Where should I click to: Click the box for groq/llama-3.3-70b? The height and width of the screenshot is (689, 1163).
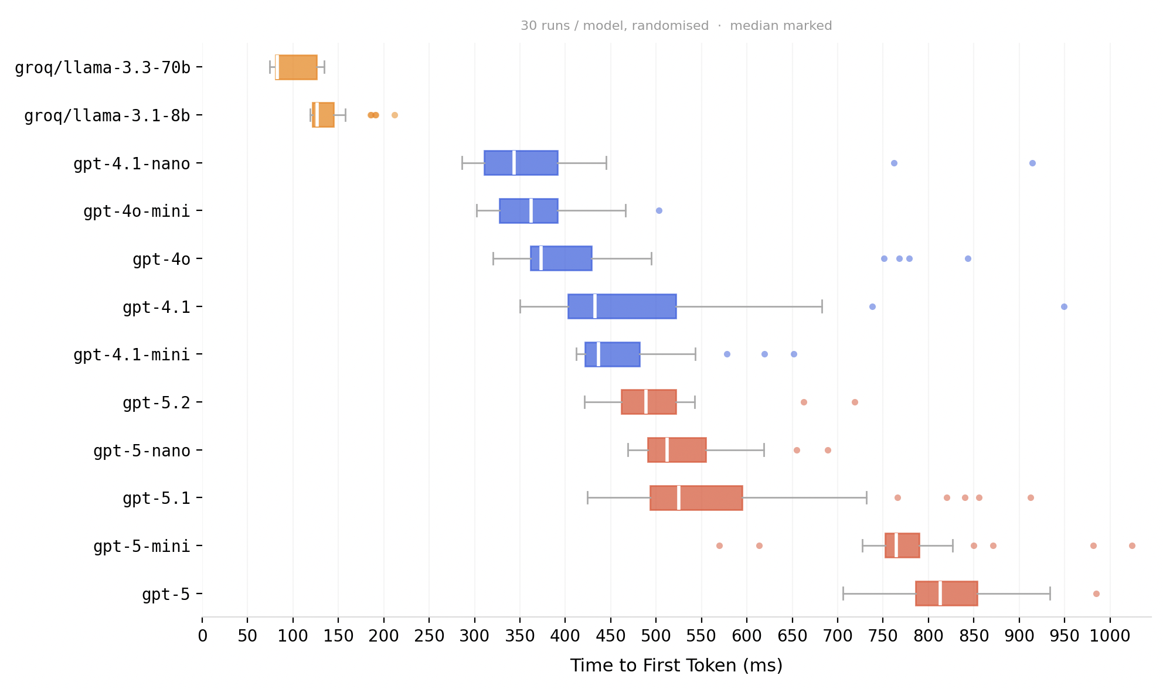pyautogui.click(x=297, y=67)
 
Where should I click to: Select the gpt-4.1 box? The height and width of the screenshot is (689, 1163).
pyautogui.click(x=622, y=306)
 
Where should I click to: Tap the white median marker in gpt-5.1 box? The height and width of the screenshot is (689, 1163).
pyautogui.click(x=678, y=498)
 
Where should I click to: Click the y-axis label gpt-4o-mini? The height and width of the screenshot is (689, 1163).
pyautogui.click(x=137, y=211)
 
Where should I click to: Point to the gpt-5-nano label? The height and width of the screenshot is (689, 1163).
pyautogui.click(x=142, y=451)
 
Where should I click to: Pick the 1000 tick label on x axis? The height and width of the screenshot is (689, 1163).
pyautogui.click(x=1110, y=636)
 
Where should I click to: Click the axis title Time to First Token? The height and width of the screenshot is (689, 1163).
pyautogui.click(x=676, y=666)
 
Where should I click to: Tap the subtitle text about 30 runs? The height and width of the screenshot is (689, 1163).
pyautogui.click(x=676, y=26)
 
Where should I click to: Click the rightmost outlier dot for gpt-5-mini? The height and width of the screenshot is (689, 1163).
pyautogui.click(x=1132, y=545)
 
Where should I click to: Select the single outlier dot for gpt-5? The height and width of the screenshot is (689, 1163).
pyautogui.click(x=1096, y=594)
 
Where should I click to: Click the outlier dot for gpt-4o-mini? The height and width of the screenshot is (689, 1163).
pyautogui.click(x=659, y=210)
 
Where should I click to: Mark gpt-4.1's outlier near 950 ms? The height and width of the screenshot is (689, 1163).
pyautogui.click(x=1064, y=306)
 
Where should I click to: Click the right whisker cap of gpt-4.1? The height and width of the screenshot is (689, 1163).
pyautogui.click(x=822, y=306)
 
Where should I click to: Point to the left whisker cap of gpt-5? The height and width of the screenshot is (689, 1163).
pyautogui.click(x=843, y=594)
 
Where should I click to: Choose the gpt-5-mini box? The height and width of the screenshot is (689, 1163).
pyautogui.click(x=903, y=545)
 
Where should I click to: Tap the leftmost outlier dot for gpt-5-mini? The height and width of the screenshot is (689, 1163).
pyautogui.click(x=719, y=545)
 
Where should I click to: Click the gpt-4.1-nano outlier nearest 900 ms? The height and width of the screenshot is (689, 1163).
pyautogui.click(x=1032, y=163)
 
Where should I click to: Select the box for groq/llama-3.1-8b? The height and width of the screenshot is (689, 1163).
pyautogui.click(x=324, y=115)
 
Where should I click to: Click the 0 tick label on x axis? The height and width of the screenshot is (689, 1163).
pyautogui.click(x=202, y=636)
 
